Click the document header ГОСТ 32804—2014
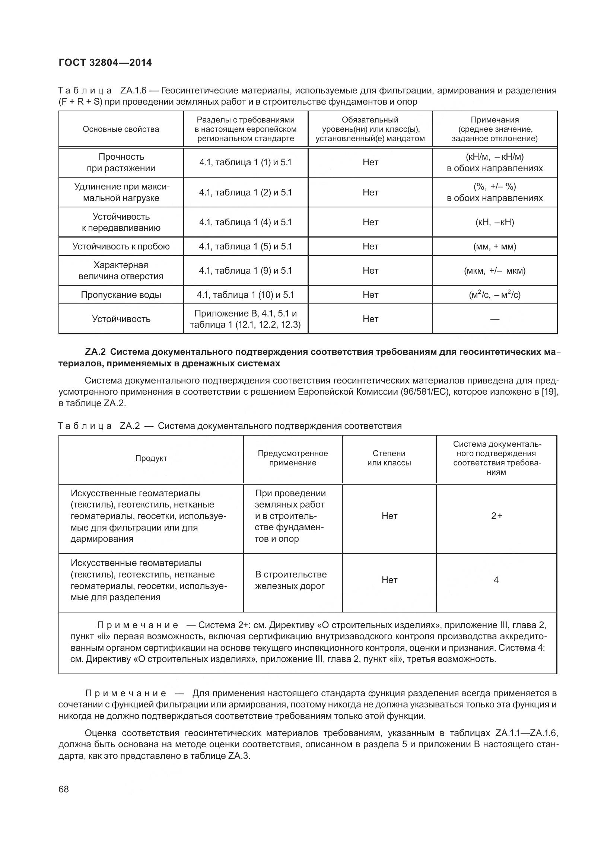pos(105,63)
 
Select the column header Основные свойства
pos(121,129)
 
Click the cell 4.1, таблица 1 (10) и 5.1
pos(245,295)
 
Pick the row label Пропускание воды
pos(121,295)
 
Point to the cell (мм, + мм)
pos(495,246)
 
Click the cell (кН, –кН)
pos(495,222)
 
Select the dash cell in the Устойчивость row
pos(495,319)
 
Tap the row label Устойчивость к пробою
pos(121,246)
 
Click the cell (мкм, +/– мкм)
pos(495,271)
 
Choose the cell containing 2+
pos(496,516)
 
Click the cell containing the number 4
pos(496,580)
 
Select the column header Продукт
pos(151,458)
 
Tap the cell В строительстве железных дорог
pos(291,580)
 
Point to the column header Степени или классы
pos(389,458)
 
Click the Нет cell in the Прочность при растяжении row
pos(371,162)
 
